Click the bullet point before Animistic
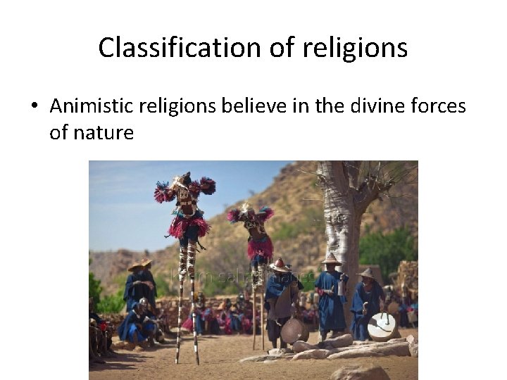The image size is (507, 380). coord(33,107)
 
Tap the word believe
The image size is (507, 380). coord(246,106)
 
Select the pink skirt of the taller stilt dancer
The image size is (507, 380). coord(188,226)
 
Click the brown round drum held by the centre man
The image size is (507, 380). coord(294,329)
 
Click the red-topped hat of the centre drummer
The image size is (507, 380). coord(280,265)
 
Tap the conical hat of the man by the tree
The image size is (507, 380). coord(330,259)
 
